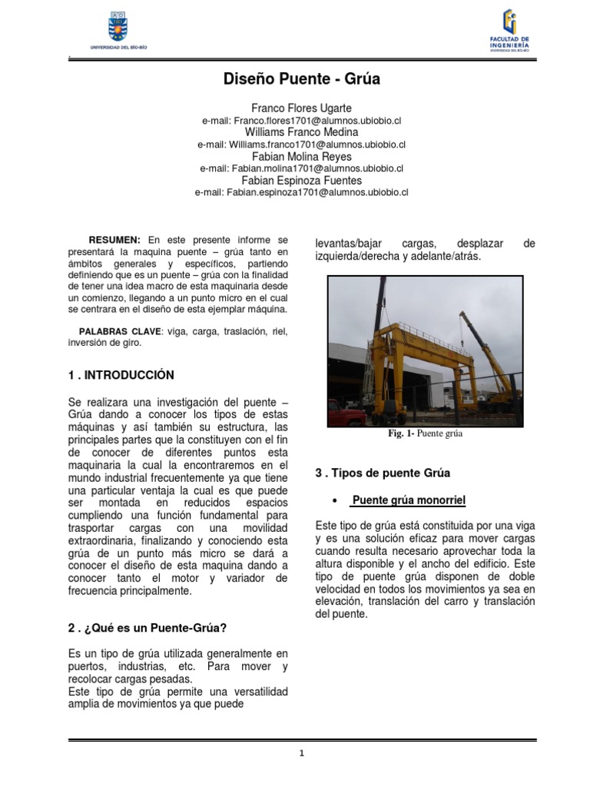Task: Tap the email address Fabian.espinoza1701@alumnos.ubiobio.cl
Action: coord(302,192)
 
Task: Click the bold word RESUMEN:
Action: coord(115,241)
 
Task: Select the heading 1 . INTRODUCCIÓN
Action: coord(121,375)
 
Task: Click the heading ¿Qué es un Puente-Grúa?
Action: coord(154,628)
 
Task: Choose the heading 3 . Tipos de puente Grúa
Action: coord(383,473)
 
